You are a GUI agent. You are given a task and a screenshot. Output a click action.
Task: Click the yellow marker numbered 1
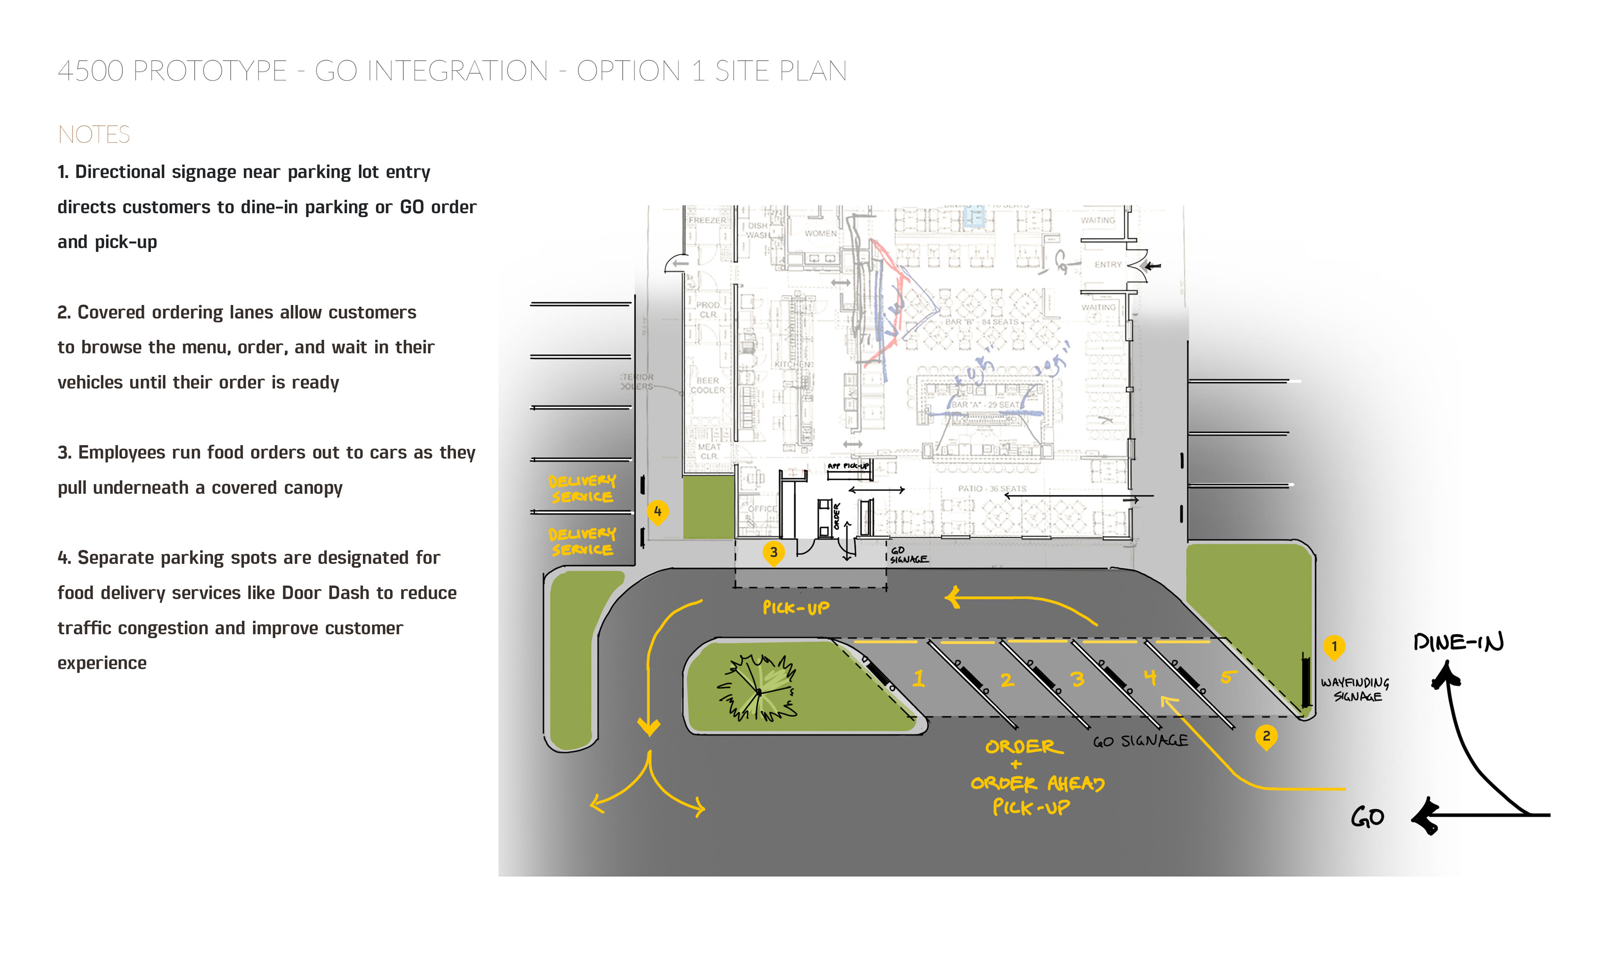[x=1333, y=646]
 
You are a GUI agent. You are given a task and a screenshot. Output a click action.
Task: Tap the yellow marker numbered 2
[x=1265, y=736]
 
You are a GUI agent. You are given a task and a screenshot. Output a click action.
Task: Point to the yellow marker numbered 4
[x=657, y=512]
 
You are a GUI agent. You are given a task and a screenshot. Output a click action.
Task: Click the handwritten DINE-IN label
[x=1458, y=643]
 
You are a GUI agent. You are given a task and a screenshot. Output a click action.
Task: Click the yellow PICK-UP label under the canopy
[x=796, y=608]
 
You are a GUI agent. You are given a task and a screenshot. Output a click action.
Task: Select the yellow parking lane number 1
[x=919, y=678]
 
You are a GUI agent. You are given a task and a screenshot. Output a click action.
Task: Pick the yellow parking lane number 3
[x=1077, y=679]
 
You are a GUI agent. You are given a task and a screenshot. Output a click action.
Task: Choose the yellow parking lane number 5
[x=1227, y=677]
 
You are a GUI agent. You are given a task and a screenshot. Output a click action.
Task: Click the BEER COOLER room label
[x=707, y=385]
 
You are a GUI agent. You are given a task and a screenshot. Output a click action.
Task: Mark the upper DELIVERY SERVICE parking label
[x=582, y=489]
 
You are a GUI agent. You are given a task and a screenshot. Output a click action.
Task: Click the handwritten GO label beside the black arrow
[x=1367, y=817]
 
